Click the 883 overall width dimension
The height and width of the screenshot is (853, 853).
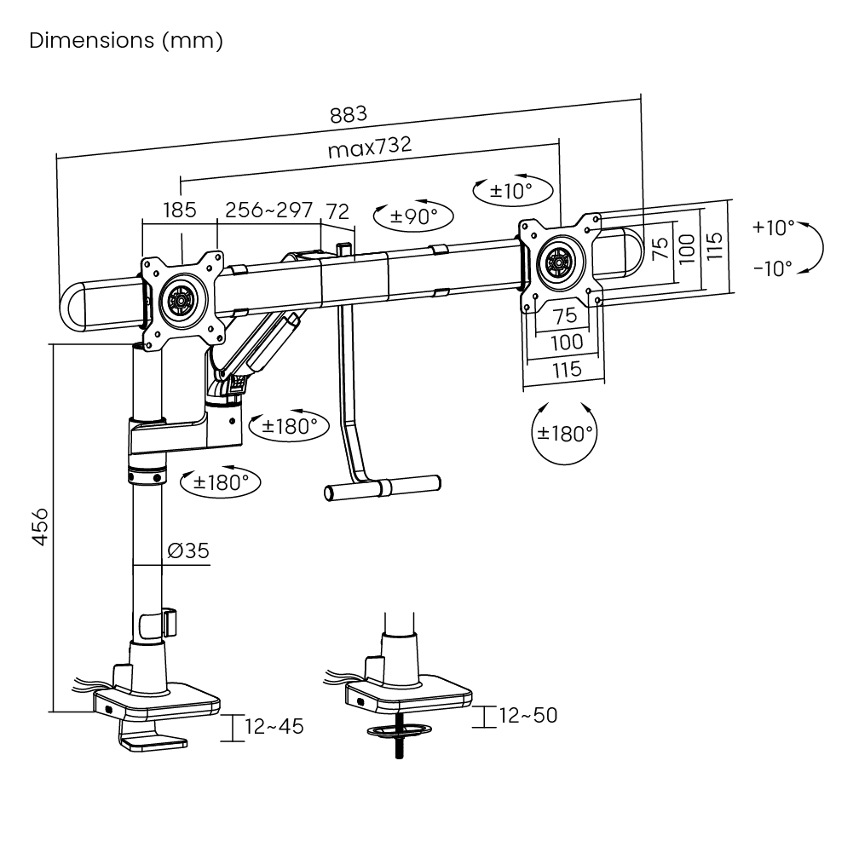tap(349, 115)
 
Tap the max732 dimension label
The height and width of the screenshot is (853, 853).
tap(370, 147)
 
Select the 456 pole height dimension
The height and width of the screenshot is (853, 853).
tap(40, 527)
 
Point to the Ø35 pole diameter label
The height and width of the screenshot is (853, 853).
tap(188, 550)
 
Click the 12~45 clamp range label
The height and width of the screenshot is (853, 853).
tap(274, 726)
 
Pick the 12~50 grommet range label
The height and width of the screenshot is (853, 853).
tap(528, 715)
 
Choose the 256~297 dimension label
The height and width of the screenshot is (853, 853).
tap(269, 210)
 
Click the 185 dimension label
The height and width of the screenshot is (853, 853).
tap(180, 210)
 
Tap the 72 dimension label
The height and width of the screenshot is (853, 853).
tap(337, 211)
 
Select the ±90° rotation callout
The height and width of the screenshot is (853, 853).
tap(413, 216)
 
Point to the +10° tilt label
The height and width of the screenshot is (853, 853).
tap(774, 227)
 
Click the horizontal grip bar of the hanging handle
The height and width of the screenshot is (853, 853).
tap(383, 487)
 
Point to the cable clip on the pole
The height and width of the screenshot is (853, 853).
tap(170, 622)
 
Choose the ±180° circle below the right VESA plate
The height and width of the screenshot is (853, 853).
tap(564, 434)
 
